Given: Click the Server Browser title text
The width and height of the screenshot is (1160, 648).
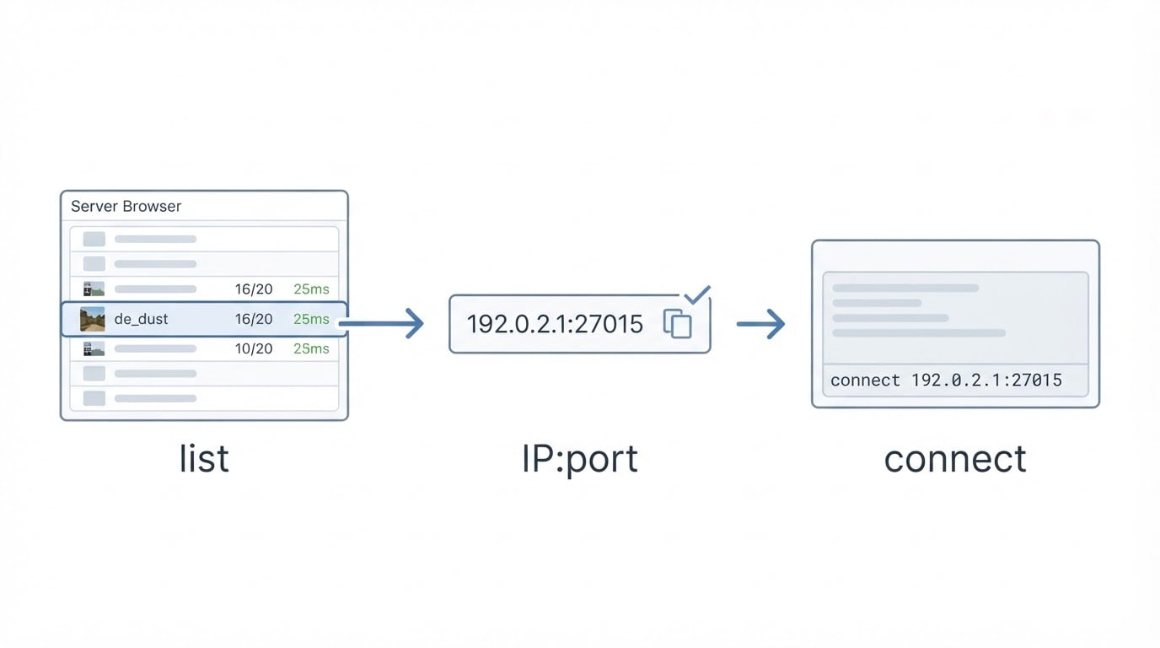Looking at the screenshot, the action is [x=126, y=207].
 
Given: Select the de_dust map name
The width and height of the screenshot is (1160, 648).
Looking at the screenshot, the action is [x=141, y=319].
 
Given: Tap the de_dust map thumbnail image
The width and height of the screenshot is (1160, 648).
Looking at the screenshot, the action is [x=93, y=319].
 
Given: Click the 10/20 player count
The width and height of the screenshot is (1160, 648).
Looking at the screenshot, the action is [x=254, y=348].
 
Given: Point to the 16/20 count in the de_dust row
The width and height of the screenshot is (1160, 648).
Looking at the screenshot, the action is [x=254, y=319].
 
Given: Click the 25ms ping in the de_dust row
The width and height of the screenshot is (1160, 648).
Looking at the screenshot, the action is [x=311, y=319].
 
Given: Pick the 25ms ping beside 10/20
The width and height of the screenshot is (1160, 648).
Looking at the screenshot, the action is [x=311, y=348].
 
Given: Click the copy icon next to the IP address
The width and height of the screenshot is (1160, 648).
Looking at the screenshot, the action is [x=677, y=323].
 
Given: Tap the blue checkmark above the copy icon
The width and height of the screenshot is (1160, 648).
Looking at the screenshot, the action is [x=697, y=294].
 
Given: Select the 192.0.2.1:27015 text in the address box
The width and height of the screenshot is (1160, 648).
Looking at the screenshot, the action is [x=555, y=324].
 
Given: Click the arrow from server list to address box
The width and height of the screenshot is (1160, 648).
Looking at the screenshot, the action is [x=382, y=323].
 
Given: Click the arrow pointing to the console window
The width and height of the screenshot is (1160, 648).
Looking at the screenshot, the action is [x=760, y=324].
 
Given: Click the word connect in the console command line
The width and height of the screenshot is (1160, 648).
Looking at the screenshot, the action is [x=865, y=381].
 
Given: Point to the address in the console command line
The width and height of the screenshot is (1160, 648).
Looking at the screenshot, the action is [x=986, y=380].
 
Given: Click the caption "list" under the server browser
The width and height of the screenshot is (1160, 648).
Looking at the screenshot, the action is [x=204, y=458].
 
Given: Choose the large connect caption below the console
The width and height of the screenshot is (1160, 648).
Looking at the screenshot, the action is [x=955, y=459].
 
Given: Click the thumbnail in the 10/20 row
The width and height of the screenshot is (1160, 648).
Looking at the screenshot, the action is [x=94, y=348].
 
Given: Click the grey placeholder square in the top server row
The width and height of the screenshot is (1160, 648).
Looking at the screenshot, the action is [x=94, y=239].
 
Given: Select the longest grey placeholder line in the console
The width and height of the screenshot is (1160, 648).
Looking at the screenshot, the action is [x=919, y=332].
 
